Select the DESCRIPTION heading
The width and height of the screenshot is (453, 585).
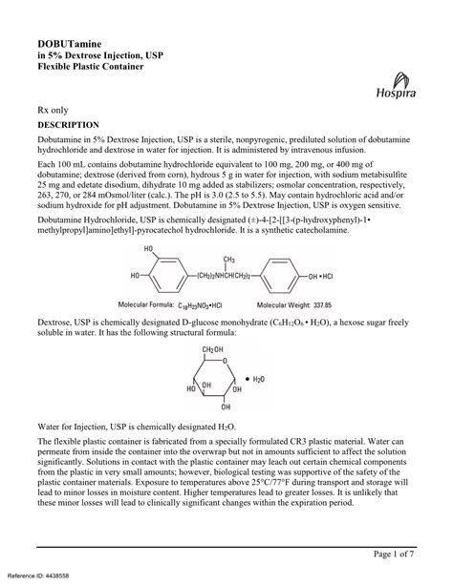tap(68, 125)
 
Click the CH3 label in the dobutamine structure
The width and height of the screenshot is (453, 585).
tap(229, 260)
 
